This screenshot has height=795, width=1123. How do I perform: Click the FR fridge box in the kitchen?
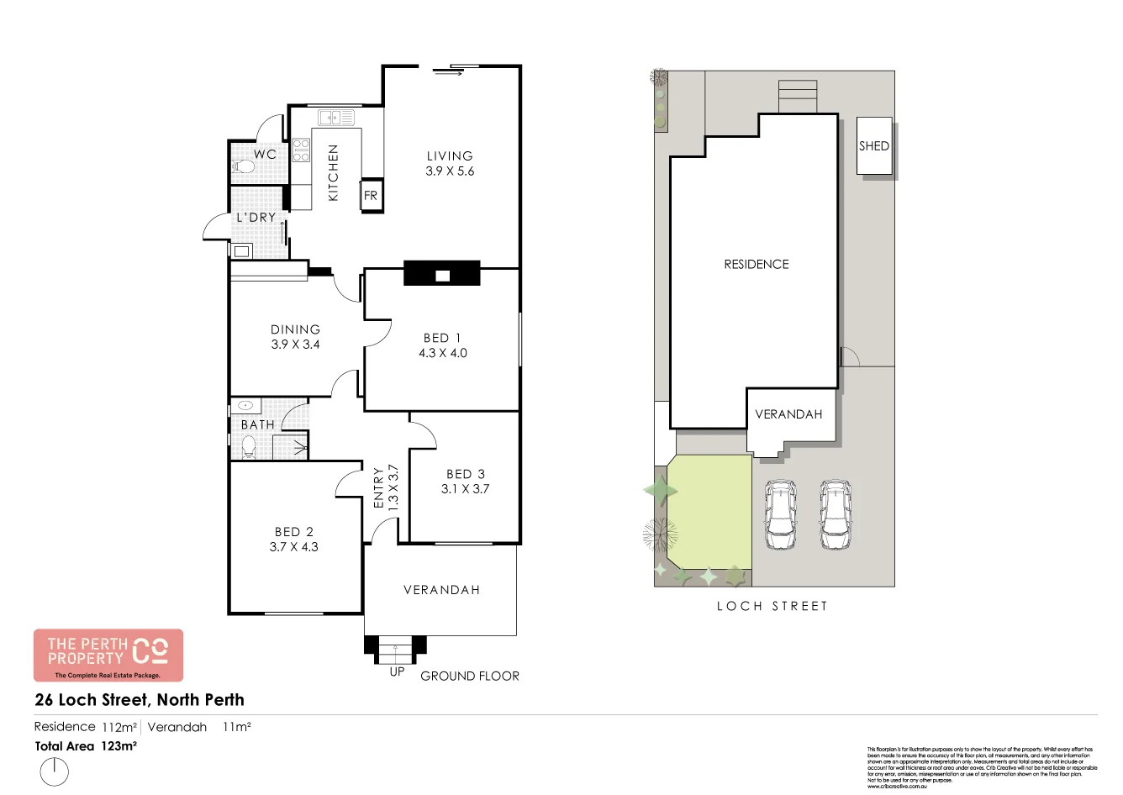tap(371, 196)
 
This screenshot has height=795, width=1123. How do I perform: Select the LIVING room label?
tap(450, 155)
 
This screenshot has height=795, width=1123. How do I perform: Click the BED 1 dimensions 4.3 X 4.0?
tap(442, 353)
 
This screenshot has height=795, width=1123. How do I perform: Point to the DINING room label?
tap(295, 329)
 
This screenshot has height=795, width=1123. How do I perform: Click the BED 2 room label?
tap(293, 532)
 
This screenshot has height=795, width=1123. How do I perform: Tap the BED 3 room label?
tap(465, 474)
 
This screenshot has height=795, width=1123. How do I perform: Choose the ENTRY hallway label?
tap(378, 487)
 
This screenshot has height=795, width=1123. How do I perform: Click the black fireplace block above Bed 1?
tap(442, 275)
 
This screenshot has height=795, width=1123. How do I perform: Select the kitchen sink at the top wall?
tap(340, 117)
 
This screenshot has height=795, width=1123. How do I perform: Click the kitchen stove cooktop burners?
tap(301, 151)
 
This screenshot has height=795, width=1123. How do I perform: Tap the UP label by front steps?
tap(397, 672)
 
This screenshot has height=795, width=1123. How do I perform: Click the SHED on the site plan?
tap(874, 146)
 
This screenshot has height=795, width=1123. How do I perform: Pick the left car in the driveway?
tap(781, 514)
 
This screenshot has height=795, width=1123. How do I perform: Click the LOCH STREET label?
tap(772, 606)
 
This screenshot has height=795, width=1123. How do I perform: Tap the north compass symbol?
tap(55, 771)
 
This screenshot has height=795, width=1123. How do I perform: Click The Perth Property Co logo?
tap(108, 655)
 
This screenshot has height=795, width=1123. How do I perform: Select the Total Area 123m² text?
tap(86, 746)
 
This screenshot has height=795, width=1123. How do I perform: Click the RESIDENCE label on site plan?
tap(757, 264)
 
